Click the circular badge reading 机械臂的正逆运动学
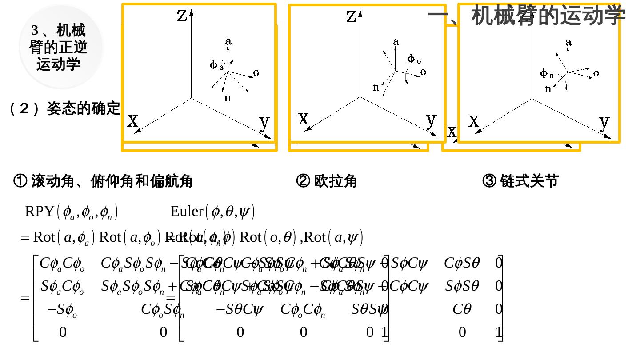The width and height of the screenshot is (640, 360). coord(60,47)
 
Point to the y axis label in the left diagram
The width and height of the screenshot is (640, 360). coord(264,121)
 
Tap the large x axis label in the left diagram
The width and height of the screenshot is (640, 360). coord(133,120)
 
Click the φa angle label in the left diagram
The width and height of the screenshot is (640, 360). coord(216,65)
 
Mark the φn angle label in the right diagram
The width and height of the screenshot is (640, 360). coord(547,73)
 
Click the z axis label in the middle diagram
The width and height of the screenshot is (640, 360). coord(352,16)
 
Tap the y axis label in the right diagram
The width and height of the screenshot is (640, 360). coord(604,121)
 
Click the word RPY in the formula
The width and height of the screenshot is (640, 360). coord(39,211)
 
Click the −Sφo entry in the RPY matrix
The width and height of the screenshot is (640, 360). coord(62,310)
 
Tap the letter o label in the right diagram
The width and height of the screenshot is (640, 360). coord(596,73)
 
